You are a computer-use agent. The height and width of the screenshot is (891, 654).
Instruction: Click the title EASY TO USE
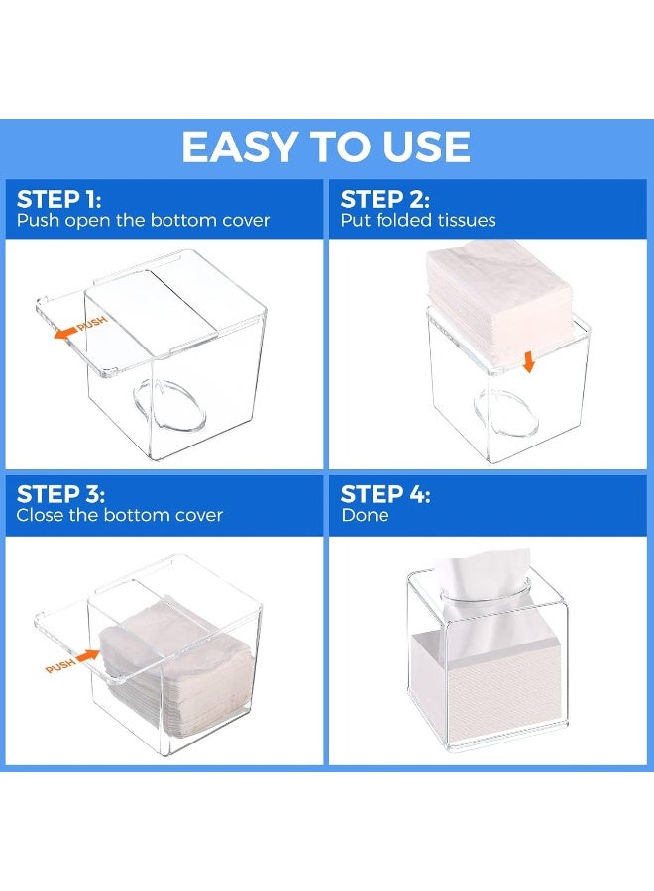[326, 148]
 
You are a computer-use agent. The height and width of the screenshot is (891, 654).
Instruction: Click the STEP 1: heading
[60, 198]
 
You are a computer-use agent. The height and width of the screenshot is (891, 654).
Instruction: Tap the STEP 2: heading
[386, 198]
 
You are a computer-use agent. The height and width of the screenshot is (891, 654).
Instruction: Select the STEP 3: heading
[60, 493]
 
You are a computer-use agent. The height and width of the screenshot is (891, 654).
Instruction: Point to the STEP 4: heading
[386, 493]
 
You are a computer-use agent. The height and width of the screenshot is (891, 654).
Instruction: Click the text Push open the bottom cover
[143, 220]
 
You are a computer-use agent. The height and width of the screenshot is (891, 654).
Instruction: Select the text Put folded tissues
[418, 220]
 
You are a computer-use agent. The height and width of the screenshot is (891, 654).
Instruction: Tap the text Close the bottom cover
[120, 515]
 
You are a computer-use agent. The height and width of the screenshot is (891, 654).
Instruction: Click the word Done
[365, 515]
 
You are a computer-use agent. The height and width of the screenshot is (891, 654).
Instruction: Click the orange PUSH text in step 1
[91, 324]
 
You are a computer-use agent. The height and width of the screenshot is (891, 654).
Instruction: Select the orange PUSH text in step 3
[60, 666]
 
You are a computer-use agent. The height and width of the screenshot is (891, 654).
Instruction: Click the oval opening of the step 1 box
[168, 406]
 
